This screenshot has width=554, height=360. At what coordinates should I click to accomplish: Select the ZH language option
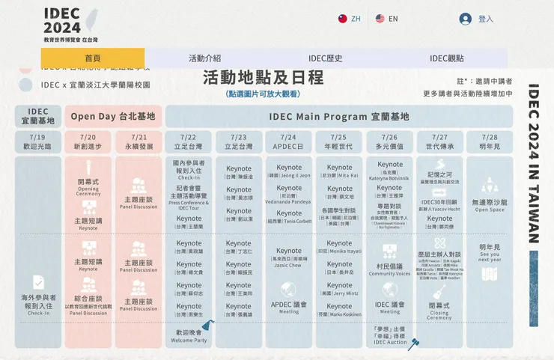point(349,19)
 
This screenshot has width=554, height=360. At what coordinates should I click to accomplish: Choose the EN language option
point(387,19)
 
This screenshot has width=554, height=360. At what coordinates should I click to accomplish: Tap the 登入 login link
point(477,19)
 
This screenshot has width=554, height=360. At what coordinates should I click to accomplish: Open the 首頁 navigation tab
point(93,58)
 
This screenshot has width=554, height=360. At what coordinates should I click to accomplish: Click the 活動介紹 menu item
point(204,58)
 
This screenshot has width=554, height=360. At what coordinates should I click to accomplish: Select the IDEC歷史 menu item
point(326,58)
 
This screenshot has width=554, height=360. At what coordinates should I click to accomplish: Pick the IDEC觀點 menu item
point(446,58)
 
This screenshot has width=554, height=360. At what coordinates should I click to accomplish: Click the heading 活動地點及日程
point(263,78)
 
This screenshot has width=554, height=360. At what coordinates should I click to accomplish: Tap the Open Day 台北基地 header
point(113,117)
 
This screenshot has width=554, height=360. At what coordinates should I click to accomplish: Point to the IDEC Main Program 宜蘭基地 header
point(339,117)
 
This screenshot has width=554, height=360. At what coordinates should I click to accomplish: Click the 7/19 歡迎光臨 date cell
point(37,142)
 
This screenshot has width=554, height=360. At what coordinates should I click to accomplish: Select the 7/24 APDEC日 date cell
point(289,142)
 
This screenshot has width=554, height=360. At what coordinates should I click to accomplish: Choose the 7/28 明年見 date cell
point(490,142)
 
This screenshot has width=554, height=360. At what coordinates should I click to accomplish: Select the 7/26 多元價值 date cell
point(389,142)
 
